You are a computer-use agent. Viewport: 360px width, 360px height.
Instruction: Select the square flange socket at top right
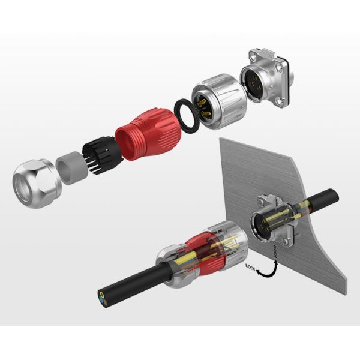click(x=262, y=80)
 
